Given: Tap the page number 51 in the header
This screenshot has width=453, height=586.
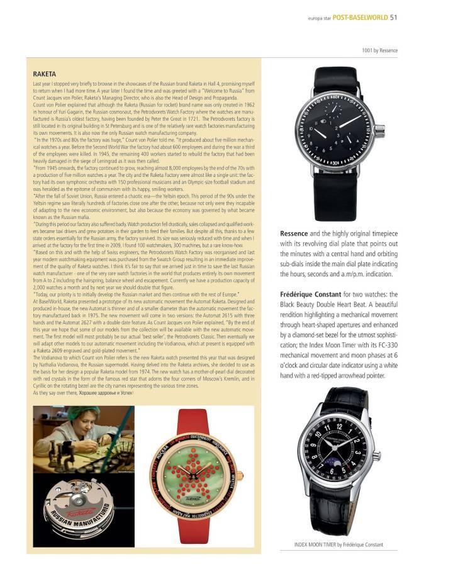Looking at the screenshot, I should pyautogui.click(x=394, y=17).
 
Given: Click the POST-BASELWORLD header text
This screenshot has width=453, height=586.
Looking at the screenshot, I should pyautogui.click(x=361, y=17).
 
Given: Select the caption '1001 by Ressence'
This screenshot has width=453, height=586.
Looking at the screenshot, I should pyautogui.click(x=379, y=50).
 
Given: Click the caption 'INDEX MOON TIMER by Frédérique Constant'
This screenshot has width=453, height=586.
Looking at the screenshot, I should pyautogui.click(x=338, y=544).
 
